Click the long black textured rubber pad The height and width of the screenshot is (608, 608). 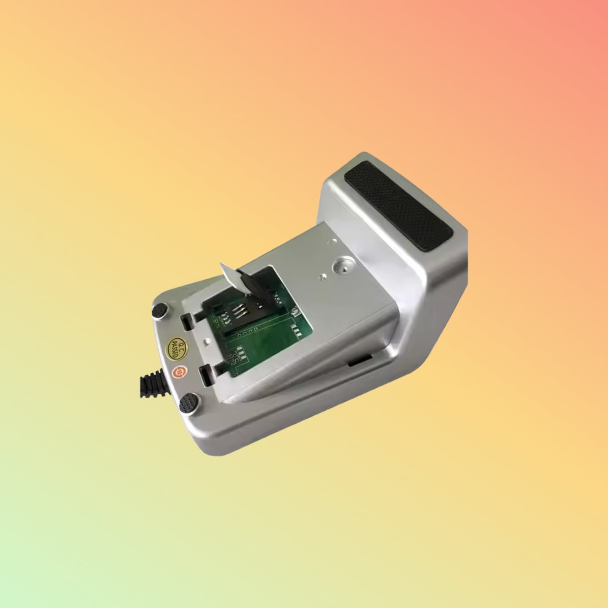pyautogui.click(x=398, y=205)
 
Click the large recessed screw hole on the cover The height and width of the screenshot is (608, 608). pyautogui.click(x=341, y=266)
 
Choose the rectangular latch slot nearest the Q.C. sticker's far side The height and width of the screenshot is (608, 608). pyautogui.click(x=187, y=322)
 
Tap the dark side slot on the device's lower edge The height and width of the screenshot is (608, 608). pyautogui.click(x=360, y=360)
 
